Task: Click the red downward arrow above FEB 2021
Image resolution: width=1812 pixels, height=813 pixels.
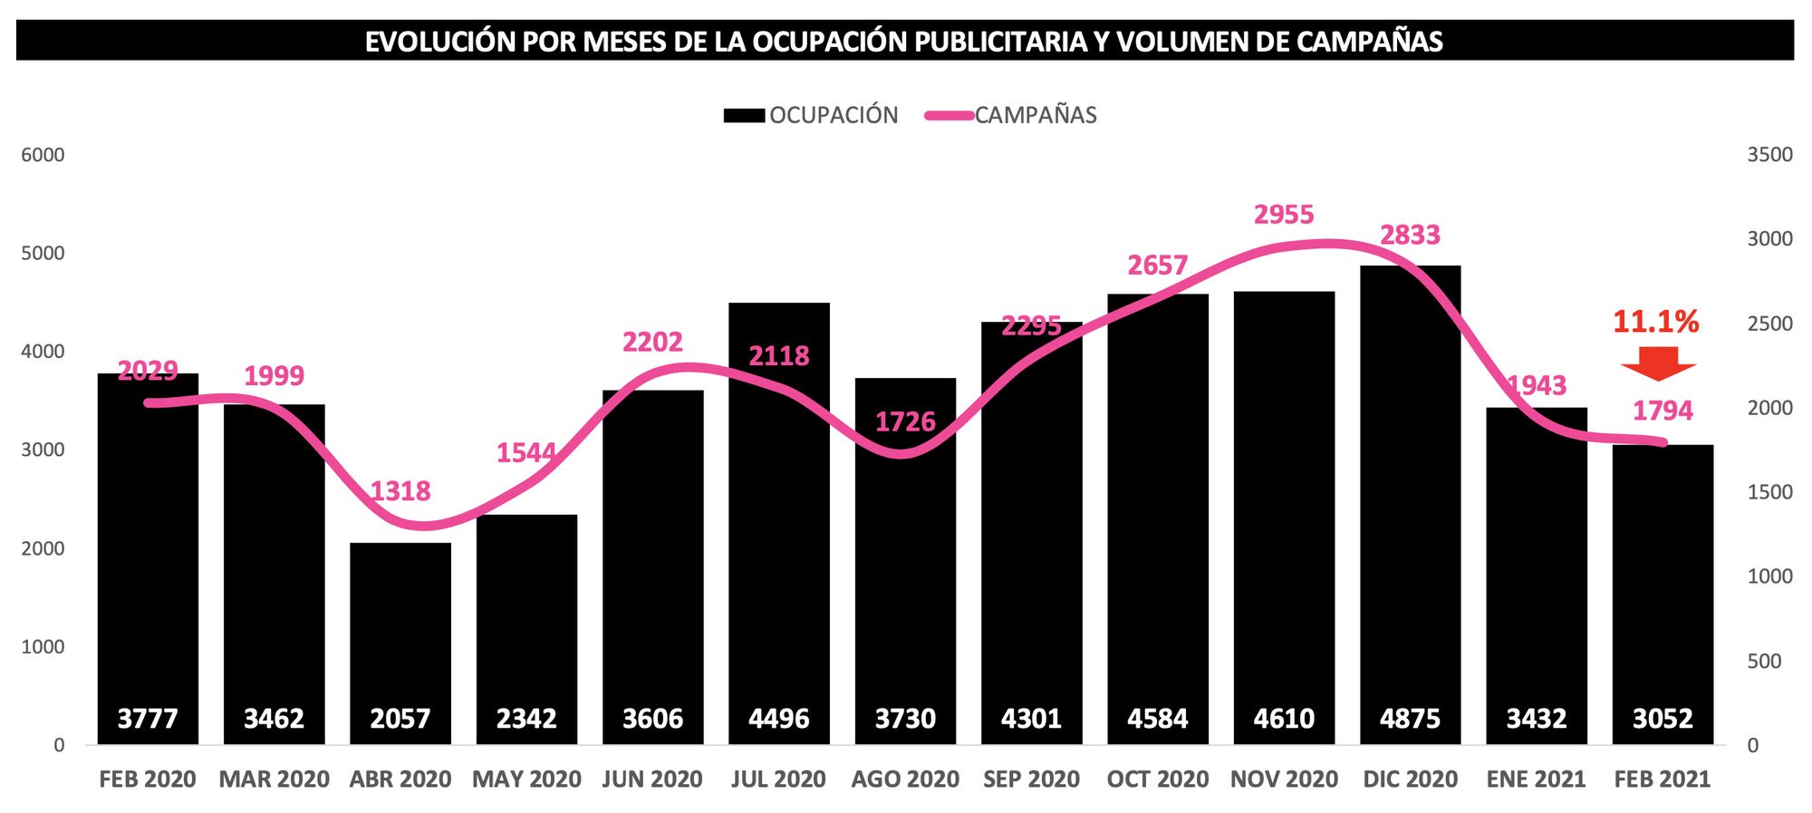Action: click(x=1658, y=363)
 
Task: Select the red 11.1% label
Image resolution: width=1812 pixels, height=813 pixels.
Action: click(x=1655, y=322)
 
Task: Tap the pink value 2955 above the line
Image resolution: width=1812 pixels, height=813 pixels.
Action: click(x=1283, y=215)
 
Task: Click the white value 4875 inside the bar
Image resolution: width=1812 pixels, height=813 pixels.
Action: click(x=1410, y=719)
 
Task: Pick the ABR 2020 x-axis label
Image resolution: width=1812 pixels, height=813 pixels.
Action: click(x=400, y=779)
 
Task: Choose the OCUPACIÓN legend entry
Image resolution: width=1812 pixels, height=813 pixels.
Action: click(x=811, y=115)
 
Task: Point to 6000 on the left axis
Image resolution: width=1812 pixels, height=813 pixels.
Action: click(x=43, y=155)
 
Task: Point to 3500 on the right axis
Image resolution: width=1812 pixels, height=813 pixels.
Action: click(x=1769, y=155)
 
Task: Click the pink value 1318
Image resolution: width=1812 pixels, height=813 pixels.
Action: click(x=400, y=491)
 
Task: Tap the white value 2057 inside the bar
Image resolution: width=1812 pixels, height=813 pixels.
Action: click(x=400, y=719)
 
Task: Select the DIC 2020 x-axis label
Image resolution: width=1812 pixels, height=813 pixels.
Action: click(x=1410, y=779)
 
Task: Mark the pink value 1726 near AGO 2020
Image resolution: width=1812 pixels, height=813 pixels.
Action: click(x=904, y=421)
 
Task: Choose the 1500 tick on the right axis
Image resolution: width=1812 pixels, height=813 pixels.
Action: click(x=1769, y=492)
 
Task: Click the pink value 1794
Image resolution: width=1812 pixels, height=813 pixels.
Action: click(x=1662, y=411)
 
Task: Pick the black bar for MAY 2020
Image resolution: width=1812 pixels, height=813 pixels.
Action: click(x=526, y=616)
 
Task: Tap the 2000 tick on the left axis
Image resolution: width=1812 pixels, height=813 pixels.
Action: click(x=43, y=548)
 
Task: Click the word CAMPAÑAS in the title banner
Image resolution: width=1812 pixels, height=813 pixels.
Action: click(x=1369, y=42)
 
